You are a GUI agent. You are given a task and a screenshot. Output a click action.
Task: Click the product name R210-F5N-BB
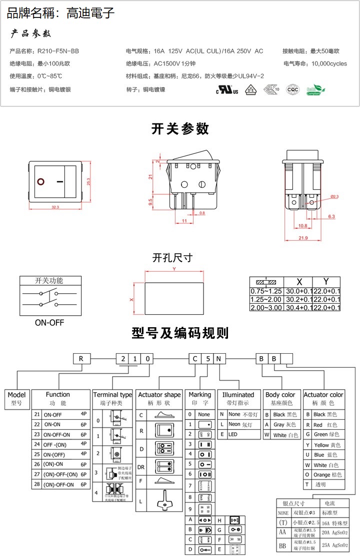pyautogui.click(x=58, y=51)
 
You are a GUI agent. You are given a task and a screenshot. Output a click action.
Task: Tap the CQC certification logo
pyautogui.click(x=293, y=89)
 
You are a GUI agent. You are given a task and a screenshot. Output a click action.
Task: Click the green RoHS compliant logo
pyautogui.click(x=315, y=89)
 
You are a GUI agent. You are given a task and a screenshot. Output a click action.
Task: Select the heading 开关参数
pyautogui.click(x=180, y=129)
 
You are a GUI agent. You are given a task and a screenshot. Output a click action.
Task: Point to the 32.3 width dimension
pyautogui.click(x=55, y=207)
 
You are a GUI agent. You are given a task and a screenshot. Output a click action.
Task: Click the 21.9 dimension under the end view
pyautogui.click(x=303, y=238)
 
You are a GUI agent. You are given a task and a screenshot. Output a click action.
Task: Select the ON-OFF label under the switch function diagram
pyautogui.click(x=49, y=323)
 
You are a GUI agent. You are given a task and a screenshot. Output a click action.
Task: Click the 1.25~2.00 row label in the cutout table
pyautogui.click(x=266, y=299)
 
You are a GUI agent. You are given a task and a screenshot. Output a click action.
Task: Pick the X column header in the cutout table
pyautogui.click(x=299, y=281)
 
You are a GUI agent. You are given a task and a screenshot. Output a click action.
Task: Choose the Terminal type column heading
pyautogui.click(x=112, y=395)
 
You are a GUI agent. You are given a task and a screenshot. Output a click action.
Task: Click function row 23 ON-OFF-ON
pyautogui.click(x=57, y=435)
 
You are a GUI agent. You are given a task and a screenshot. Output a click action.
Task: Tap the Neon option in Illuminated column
pyautogui.click(x=234, y=425)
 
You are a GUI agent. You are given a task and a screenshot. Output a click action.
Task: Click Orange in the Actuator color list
pyautogui.click(x=328, y=475)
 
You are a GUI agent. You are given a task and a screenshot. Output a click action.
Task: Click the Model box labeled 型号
pyautogui.click(x=16, y=398)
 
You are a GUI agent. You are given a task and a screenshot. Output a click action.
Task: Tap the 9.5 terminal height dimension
pyautogui.click(x=150, y=202)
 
